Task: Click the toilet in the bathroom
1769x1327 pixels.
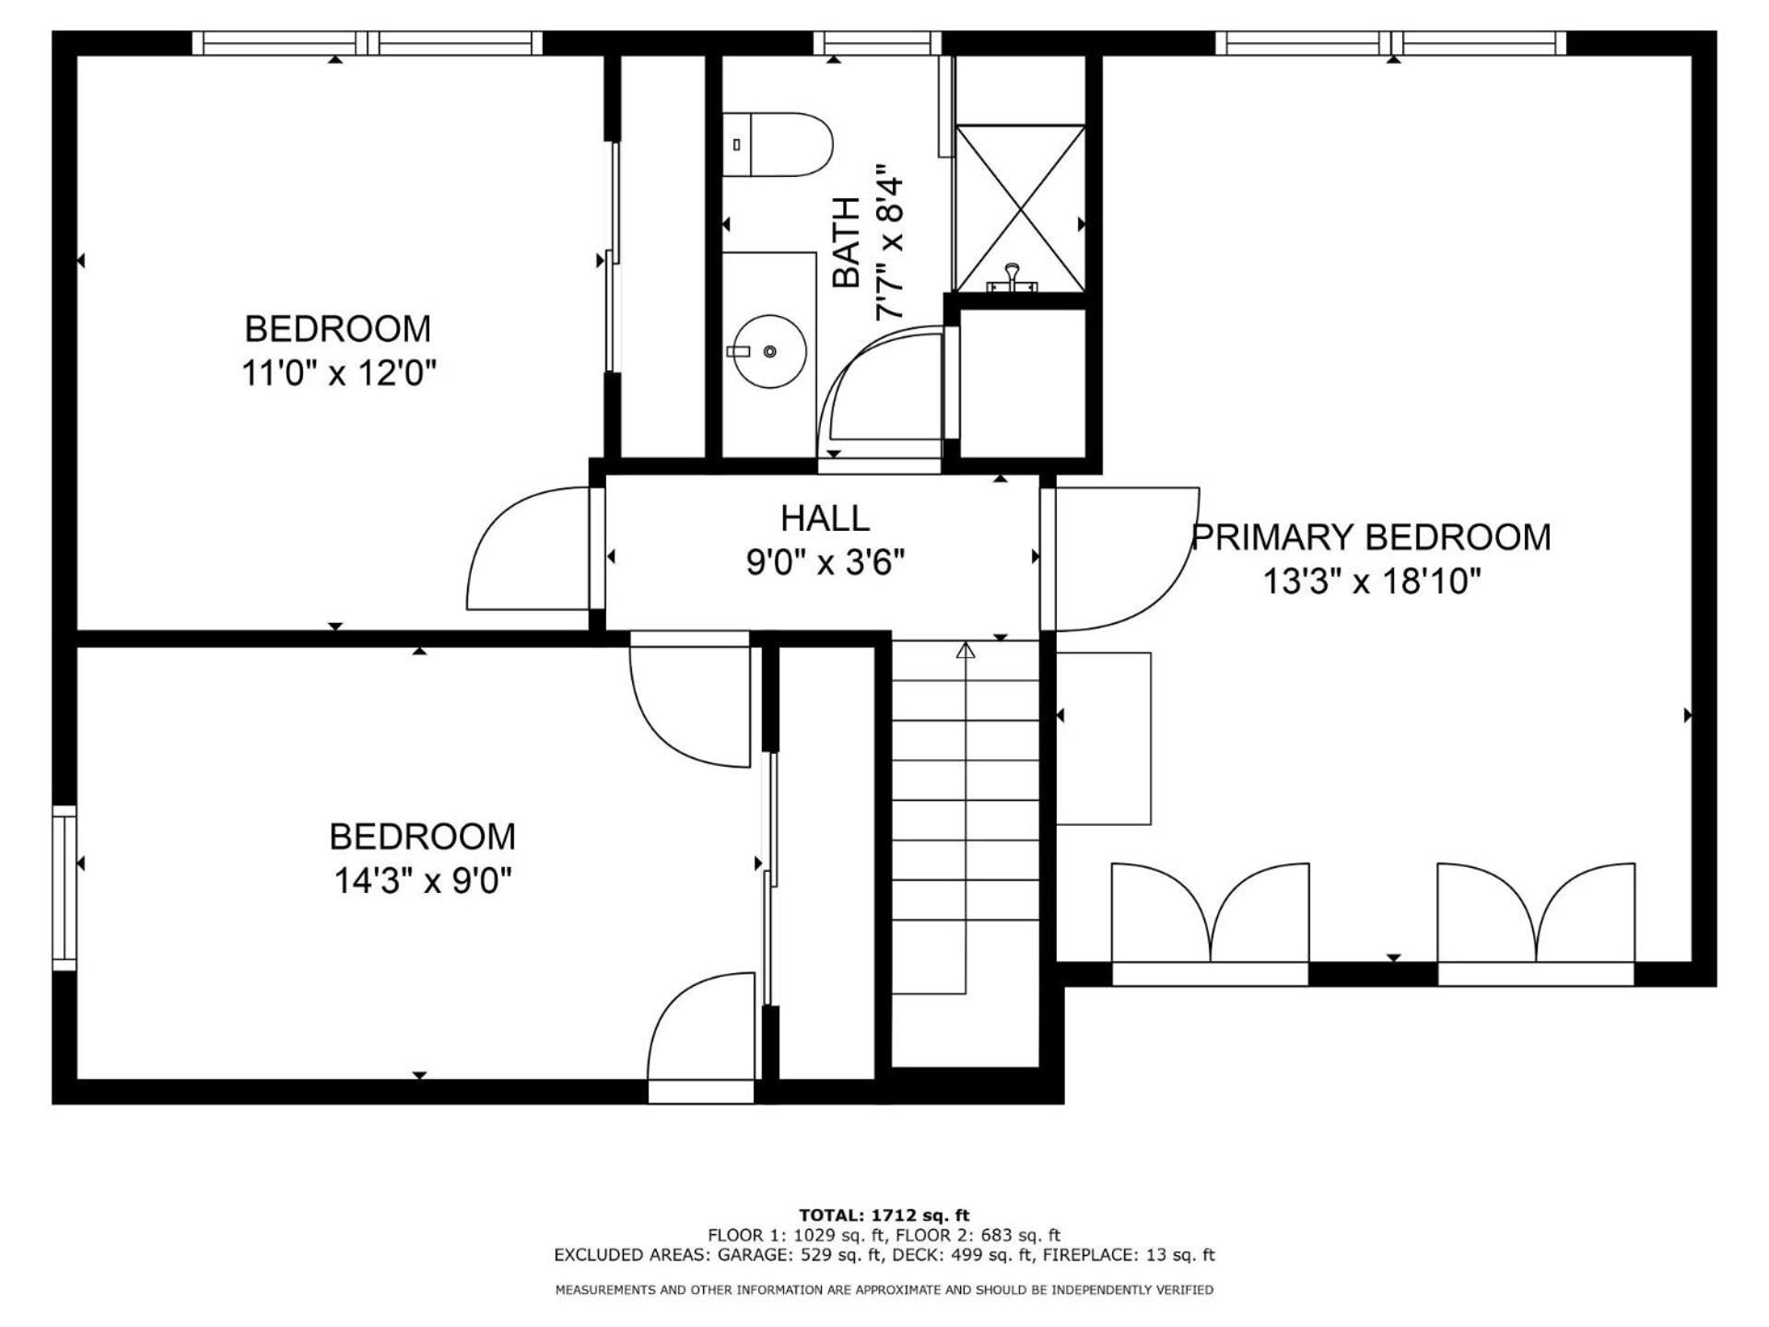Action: coord(776,145)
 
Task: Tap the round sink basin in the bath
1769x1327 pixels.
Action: coord(768,350)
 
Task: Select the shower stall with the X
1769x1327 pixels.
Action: coord(1020,209)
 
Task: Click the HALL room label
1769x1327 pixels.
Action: coord(825,518)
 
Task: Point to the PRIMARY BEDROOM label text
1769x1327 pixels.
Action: coord(1371,537)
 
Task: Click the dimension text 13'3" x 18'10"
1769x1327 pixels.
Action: coord(1371,581)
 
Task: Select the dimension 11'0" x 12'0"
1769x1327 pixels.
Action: coord(338,373)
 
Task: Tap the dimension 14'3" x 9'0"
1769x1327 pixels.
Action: coord(422,881)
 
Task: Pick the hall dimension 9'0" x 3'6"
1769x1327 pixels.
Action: coord(826,561)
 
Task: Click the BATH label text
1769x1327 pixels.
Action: coord(846,242)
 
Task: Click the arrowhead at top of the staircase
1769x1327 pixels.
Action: coord(966,651)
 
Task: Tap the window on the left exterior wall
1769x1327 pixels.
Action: coord(64,887)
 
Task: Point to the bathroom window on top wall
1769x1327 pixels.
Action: coord(877,43)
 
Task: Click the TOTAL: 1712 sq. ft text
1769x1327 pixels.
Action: coord(884,1215)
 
